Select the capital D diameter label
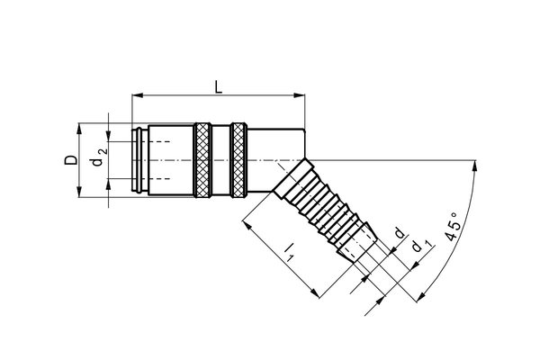[69, 159]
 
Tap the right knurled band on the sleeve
[238, 159]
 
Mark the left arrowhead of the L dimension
[136, 94]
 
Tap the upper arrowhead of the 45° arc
[475, 164]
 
